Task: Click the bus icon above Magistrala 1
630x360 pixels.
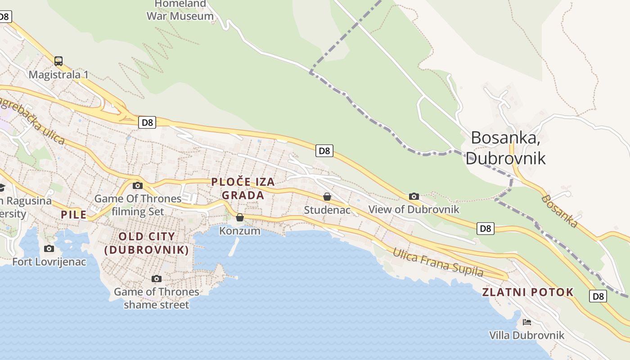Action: (58, 61)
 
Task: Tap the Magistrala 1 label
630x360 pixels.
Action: (58, 75)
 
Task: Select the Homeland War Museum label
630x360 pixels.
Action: (180, 10)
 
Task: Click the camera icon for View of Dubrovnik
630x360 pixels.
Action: (414, 196)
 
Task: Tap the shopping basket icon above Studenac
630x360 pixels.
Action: (327, 197)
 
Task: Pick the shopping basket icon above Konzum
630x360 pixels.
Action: (240, 217)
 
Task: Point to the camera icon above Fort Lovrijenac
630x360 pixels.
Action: (49, 248)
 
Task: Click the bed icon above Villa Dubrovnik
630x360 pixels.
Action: (527, 322)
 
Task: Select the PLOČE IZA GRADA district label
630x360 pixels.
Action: (243, 189)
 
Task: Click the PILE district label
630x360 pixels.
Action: (74, 215)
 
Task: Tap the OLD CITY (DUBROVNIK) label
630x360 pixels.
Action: (147, 243)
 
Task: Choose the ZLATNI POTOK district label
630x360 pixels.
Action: (528, 292)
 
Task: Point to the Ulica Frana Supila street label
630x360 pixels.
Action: (438, 262)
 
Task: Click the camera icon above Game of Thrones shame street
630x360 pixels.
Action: (156, 279)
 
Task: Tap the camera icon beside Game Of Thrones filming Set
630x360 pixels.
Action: (138, 185)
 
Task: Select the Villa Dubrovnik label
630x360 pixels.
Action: (526, 335)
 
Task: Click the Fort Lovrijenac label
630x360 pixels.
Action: (49, 261)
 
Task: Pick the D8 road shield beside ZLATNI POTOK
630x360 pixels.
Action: (598, 296)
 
